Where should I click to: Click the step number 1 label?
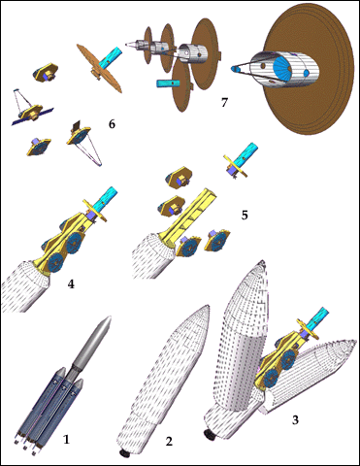66,440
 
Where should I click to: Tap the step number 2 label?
169,441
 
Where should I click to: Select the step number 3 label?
295,419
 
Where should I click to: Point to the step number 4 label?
71,283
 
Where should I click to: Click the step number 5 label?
245,215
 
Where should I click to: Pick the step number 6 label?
112,123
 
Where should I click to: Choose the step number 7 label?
224,103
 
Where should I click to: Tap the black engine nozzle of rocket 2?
124,453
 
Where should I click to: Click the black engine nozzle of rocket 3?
209,435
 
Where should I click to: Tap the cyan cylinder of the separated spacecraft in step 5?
247,153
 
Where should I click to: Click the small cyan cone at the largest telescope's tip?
235,69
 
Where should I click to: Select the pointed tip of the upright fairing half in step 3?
263,261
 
